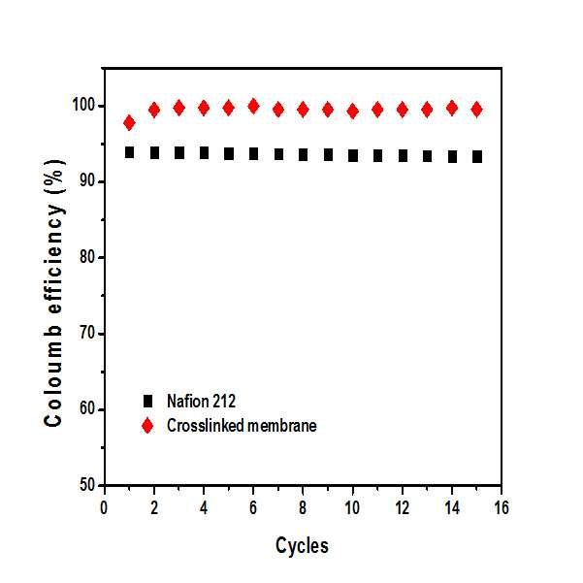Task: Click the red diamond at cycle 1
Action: [x=129, y=122]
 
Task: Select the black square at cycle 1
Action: [x=129, y=152]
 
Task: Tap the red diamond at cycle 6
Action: [x=253, y=107]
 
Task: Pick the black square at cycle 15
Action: [x=477, y=157]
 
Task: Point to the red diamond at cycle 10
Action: [x=352, y=112]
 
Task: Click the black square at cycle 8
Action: [x=303, y=154]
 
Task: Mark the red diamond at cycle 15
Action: [x=476, y=110]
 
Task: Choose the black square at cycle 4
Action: [x=204, y=152]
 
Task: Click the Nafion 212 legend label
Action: [x=201, y=402]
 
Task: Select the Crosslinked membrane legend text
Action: [x=242, y=426]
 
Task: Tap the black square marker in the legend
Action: [x=148, y=402]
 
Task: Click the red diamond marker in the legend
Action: [x=147, y=425]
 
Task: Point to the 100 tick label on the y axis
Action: [x=83, y=105]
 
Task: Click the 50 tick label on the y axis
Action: [x=87, y=485]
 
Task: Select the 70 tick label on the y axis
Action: [x=87, y=334]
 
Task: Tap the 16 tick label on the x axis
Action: [x=502, y=508]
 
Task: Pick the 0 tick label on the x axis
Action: [x=104, y=508]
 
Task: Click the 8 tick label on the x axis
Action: [x=303, y=508]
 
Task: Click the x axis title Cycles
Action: [x=302, y=546]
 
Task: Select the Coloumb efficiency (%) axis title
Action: [x=54, y=293]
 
